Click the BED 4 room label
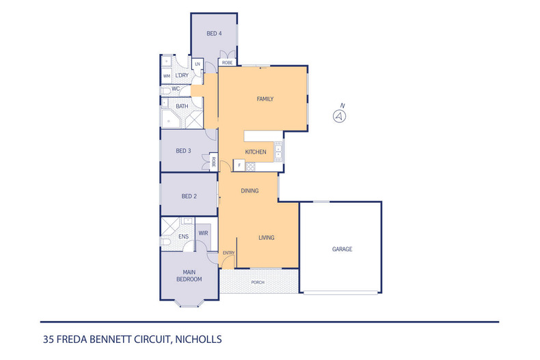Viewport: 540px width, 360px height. pyautogui.click(x=214, y=33)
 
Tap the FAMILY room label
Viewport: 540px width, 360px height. pyautogui.click(x=265, y=99)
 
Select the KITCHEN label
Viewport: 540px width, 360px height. pyautogui.click(x=256, y=152)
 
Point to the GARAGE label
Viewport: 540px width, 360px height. pyautogui.click(x=342, y=249)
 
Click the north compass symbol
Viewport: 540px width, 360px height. pyautogui.click(x=339, y=116)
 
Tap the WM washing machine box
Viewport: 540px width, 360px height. pyautogui.click(x=167, y=76)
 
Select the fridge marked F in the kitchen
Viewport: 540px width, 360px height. pyautogui.click(x=239, y=165)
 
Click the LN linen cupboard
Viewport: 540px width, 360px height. pyautogui.click(x=198, y=64)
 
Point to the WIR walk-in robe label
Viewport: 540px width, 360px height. pyautogui.click(x=203, y=233)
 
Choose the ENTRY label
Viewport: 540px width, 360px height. pyautogui.click(x=229, y=253)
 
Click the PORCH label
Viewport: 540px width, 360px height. pyautogui.click(x=258, y=282)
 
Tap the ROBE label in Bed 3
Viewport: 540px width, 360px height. pyautogui.click(x=213, y=162)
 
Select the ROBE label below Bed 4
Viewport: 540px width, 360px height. pyautogui.click(x=227, y=63)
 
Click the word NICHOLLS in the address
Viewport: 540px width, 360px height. pyautogui.click(x=198, y=340)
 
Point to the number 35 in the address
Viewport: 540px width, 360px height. pyautogui.click(x=49, y=340)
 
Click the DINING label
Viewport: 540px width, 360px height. pyautogui.click(x=249, y=191)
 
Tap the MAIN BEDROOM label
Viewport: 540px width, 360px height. pyautogui.click(x=189, y=276)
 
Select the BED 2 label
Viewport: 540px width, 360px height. pyautogui.click(x=189, y=196)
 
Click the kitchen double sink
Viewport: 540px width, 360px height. pyautogui.click(x=278, y=152)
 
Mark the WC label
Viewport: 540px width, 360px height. pyautogui.click(x=176, y=89)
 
